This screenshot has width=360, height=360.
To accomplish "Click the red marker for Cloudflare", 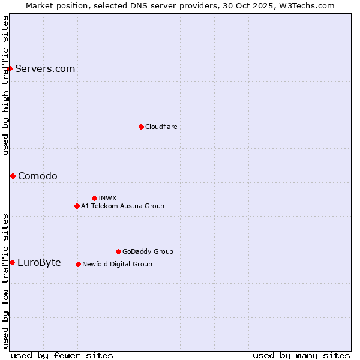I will point(141,127).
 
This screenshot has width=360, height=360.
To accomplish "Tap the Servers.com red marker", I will point(10,68).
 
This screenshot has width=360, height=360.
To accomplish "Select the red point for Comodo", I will point(13,176).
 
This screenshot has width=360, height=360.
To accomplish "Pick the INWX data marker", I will point(94,198).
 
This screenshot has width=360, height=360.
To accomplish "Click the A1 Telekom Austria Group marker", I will point(77,206).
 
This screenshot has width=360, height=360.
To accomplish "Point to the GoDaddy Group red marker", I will point(118,251).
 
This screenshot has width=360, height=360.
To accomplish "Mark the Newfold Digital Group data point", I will point(78,264).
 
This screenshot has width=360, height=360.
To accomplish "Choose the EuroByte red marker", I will point(12,262).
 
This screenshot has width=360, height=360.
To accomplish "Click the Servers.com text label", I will point(45,68).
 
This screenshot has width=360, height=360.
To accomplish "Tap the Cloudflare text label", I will point(161,127).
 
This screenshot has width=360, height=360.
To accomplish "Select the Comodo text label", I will point(38,176).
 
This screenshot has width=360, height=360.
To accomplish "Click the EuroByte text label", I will point(39,262).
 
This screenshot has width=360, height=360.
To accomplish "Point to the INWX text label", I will point(107,198).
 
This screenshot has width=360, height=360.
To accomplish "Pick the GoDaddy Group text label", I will point(148,251).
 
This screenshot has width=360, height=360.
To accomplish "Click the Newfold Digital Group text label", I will point(117,264).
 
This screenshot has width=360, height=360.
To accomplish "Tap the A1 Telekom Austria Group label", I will point(122,206).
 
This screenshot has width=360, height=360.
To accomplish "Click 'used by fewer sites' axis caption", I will point(62,355).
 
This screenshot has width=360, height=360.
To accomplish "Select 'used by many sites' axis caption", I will point(301,355).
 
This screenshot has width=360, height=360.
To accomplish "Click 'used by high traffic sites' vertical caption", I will point(5,85).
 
